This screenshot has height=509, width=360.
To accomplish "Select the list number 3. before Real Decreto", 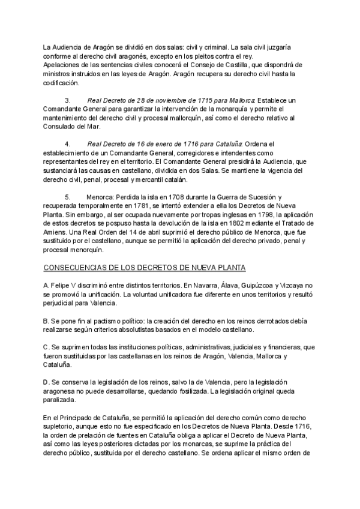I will click(x=67, y=100).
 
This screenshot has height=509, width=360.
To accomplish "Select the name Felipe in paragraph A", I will click(x=63, y=286).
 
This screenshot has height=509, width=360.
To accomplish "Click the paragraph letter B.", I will click(x=46, y=321).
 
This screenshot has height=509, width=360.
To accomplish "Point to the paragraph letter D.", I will click(x=46, y=382).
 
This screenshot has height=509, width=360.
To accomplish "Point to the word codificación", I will click(x=61, y=82).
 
